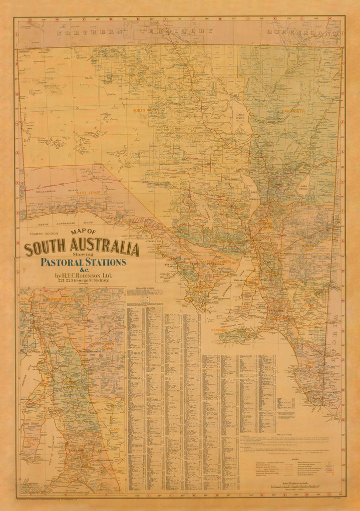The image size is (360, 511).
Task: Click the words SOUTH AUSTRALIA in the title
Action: click(x=82, y=248)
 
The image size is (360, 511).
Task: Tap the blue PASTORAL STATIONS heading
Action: click(x=83, y=262)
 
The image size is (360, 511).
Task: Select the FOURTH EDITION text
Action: click(x=43, y=234)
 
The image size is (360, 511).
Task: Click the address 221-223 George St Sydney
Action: click(x=83, y=281)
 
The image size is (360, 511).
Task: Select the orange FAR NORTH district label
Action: click(x=294, y=111)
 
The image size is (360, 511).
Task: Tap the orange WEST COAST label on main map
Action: click(x=88, y=193)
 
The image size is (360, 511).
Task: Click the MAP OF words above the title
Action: click(x=83, y=232)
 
